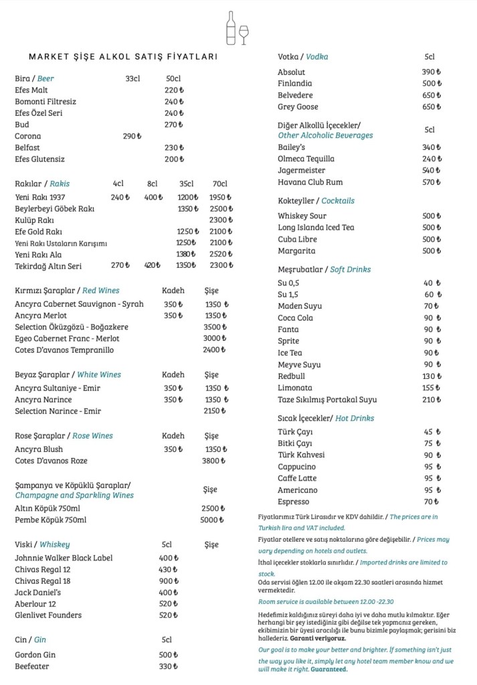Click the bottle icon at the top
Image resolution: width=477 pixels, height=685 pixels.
[231, 28]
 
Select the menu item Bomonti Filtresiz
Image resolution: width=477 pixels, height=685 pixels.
[45, 102]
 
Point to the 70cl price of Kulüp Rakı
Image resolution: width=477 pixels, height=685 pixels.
[220, 220]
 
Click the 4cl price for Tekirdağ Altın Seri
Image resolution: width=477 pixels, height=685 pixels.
[120, 266]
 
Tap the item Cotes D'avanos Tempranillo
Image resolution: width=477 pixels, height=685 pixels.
[64, 350]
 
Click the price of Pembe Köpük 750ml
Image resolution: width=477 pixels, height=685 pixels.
[212, 520]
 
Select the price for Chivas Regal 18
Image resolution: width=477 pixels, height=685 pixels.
[169, 581]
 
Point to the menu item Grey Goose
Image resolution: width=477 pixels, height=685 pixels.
[298, 107]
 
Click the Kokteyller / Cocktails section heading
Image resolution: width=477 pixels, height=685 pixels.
[316, 201]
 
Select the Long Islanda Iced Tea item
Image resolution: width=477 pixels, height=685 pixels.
[316, 228]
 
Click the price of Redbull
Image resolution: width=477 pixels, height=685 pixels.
[432, 376]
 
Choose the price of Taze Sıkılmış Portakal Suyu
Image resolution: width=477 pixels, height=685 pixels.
[432, 400]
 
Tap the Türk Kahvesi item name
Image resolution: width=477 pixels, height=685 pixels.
[302, 455]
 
